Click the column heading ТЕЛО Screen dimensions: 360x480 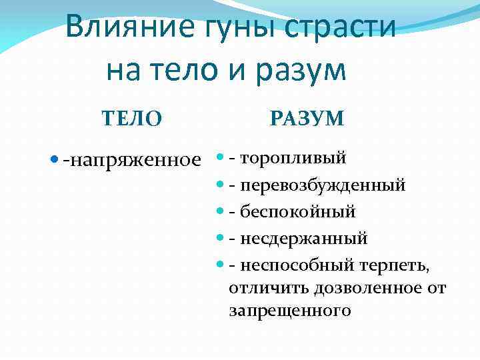click(131, 119)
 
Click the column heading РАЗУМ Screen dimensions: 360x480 click(307, 119)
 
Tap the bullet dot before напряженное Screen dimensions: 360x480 click(55, 160)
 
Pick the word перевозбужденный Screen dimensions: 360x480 click(323, 185)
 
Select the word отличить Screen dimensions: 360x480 click(261, 288)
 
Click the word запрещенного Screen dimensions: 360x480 click(289, 311)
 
